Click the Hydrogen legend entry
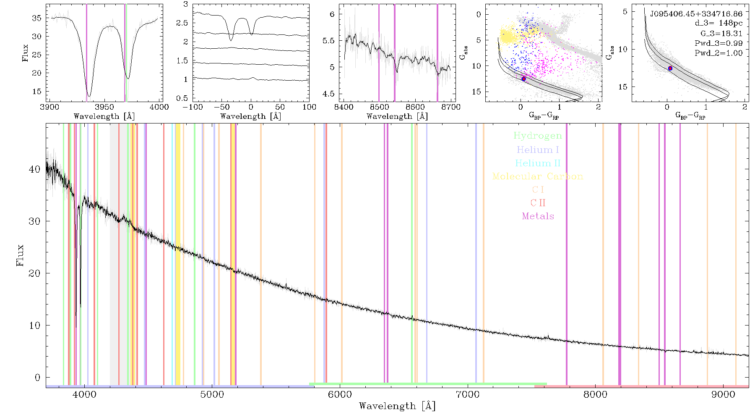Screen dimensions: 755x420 538,136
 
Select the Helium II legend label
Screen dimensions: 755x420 538,163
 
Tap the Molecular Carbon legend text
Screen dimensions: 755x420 538,176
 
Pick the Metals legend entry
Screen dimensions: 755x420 538,216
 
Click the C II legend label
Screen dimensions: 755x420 538,203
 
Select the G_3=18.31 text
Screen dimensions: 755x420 721,34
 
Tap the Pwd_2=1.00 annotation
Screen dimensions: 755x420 719,53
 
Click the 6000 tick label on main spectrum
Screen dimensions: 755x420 340,394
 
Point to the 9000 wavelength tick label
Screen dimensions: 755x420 723,394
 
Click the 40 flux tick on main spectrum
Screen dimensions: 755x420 35,169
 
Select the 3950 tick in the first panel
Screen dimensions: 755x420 104,107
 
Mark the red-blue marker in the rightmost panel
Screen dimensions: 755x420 670,68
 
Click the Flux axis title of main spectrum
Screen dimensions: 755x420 20,255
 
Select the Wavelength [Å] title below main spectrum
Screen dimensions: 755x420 397,406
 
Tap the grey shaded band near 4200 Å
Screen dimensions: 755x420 114,254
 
